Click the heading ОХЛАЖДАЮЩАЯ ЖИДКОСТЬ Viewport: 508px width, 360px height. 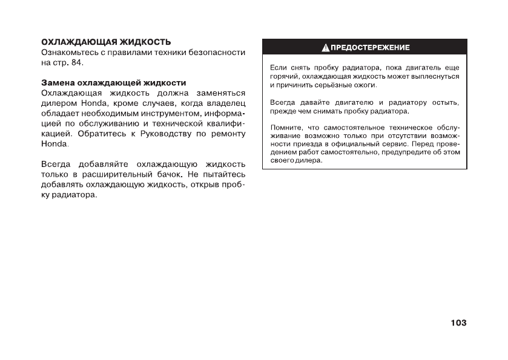[105, 42]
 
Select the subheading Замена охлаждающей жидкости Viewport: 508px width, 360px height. [113, 82]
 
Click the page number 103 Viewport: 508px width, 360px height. [458, 322]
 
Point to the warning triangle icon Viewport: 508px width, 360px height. [325, 47]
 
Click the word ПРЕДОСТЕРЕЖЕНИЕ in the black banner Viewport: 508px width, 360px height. [369, 47]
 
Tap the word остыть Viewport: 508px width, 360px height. [445, 103]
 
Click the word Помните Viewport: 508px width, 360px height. [283, 128]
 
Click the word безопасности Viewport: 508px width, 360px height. [217, 52]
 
